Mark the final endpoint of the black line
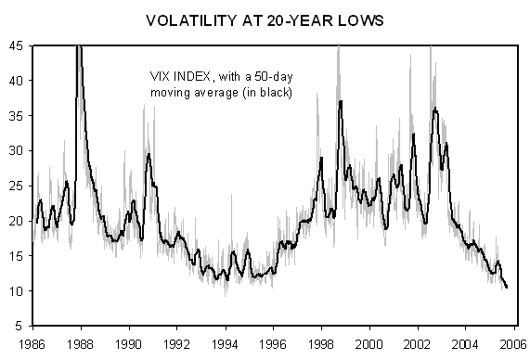[507, 288]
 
